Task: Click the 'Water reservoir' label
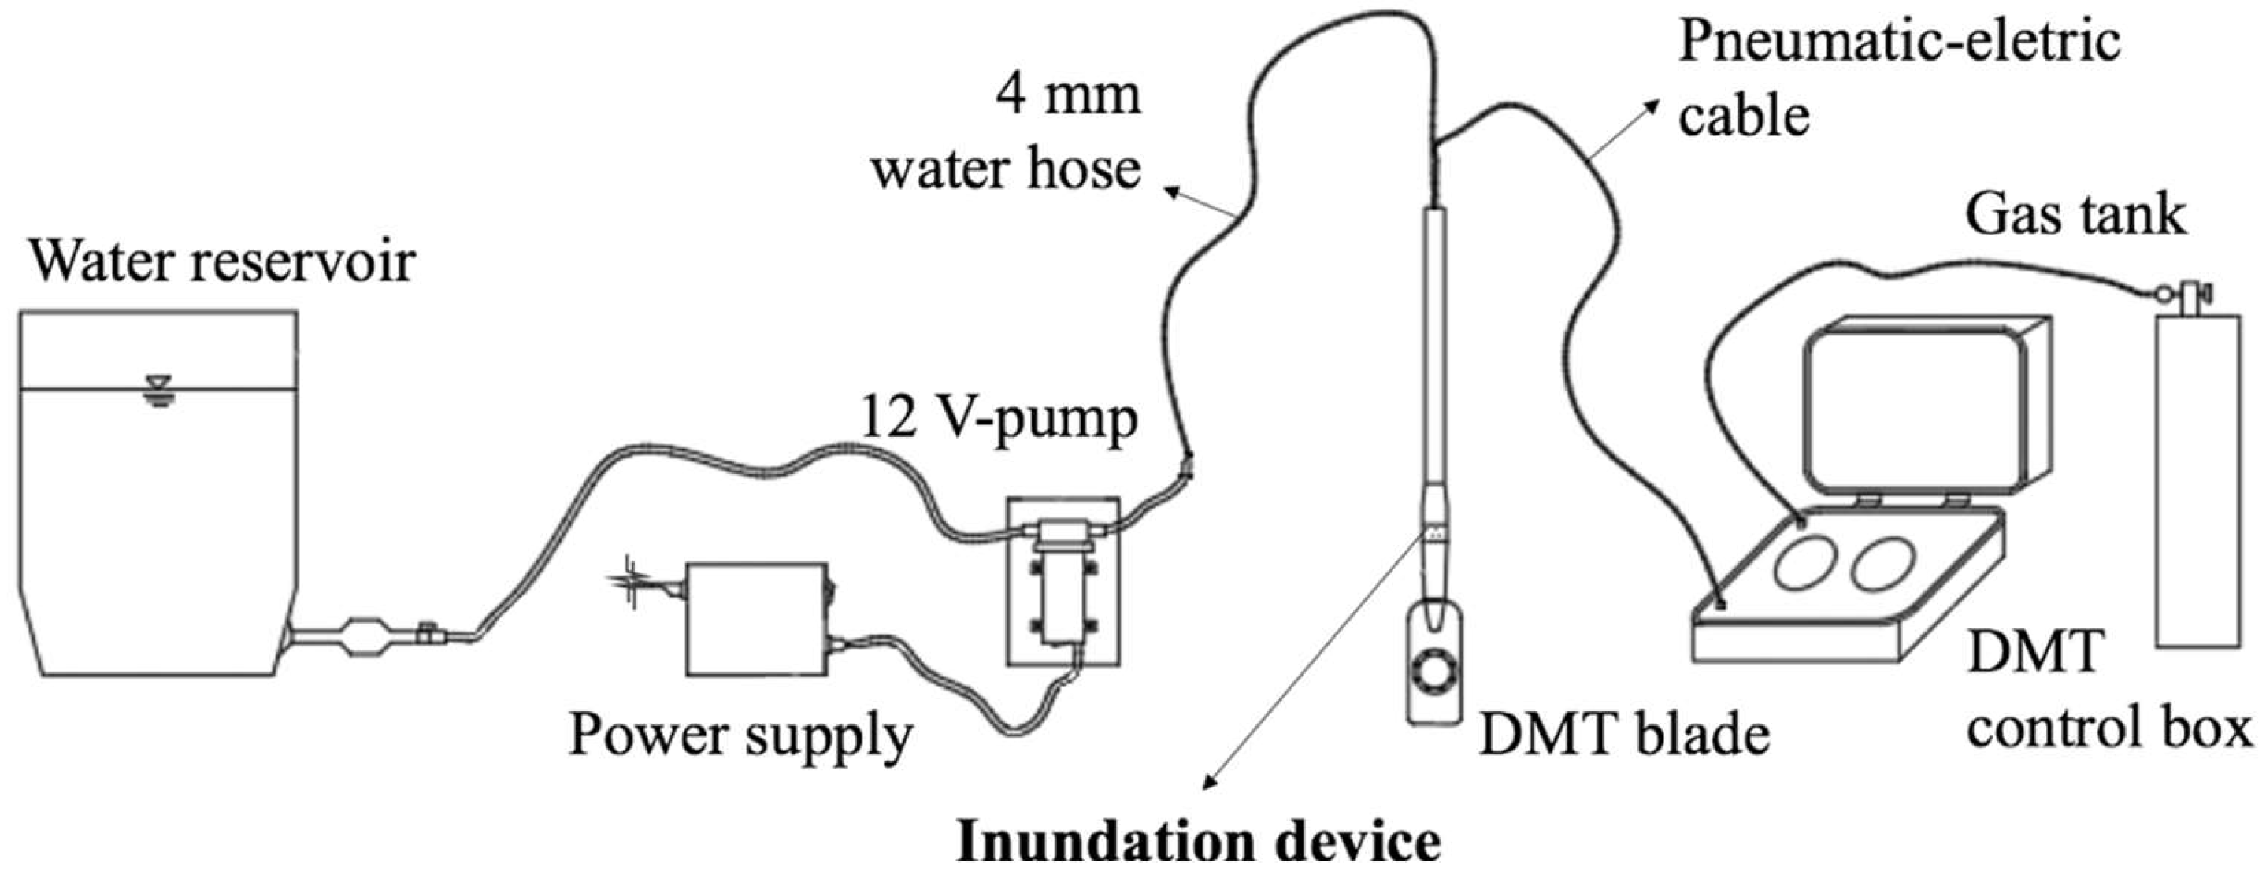coord(221,261)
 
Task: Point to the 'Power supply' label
coord(740,735)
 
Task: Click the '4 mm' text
coord(1067,94)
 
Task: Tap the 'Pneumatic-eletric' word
coord(1899,42)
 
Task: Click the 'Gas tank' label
coord(2075,215)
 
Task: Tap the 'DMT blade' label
coord(1625,735)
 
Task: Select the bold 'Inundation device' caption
coord(1197,843)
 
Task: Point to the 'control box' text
coord(2108,729)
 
